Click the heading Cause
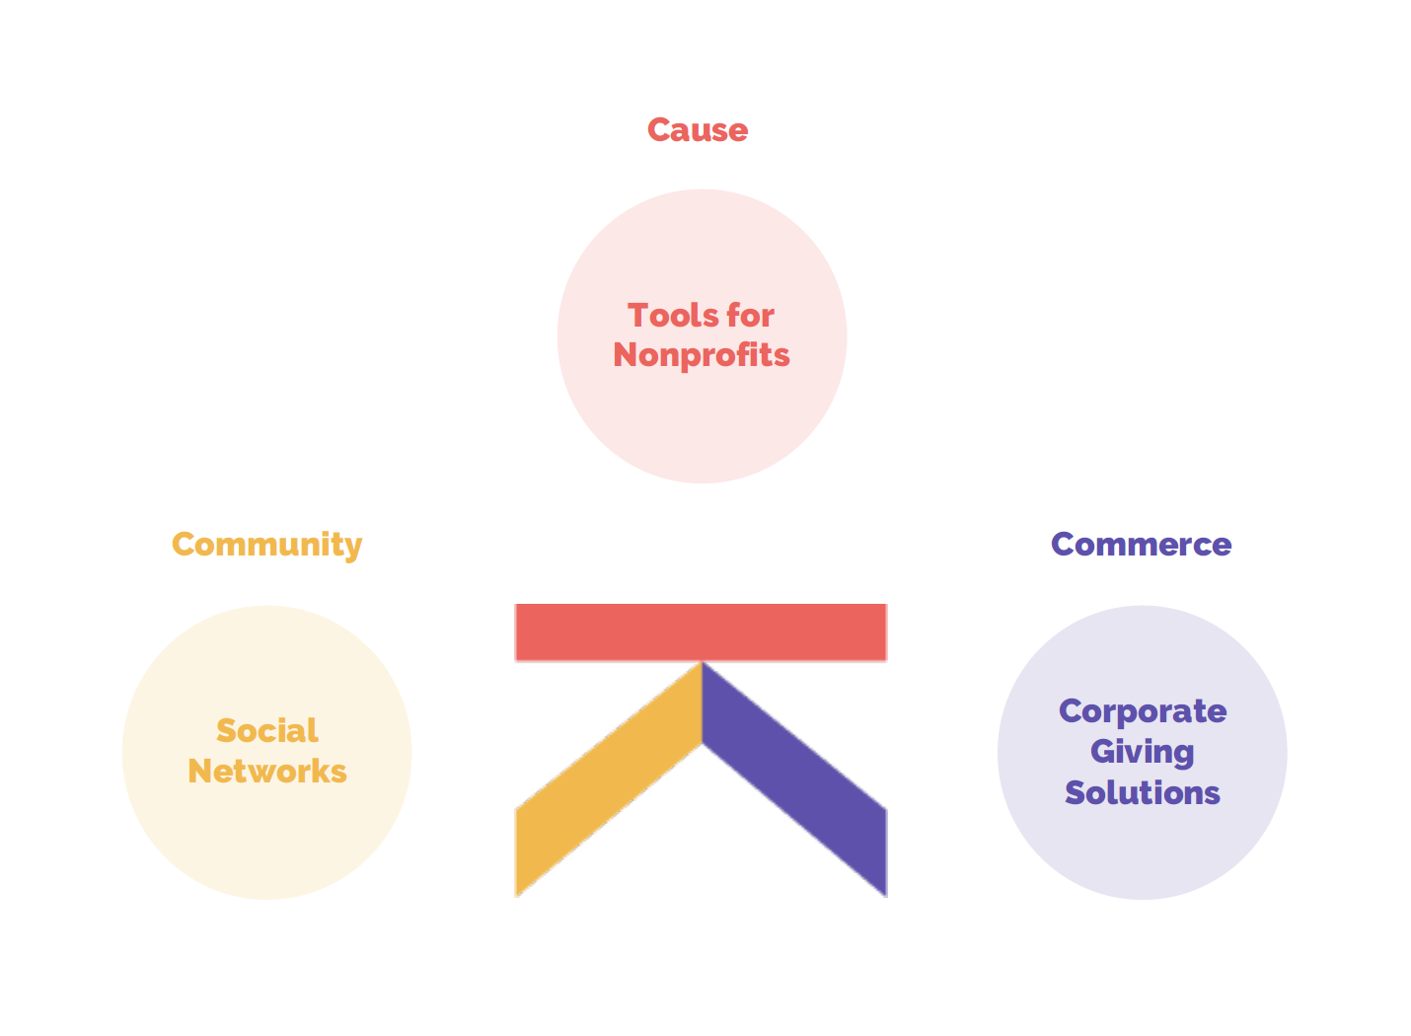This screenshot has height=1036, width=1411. [698, 129]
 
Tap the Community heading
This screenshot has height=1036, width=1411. [266, 544]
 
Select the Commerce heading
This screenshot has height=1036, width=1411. [1141, 544]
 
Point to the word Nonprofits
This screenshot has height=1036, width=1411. [701, 355]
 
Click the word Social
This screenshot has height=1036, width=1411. [266, 731]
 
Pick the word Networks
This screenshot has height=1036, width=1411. [266, 772]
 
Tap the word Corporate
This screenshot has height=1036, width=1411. [1142, 711]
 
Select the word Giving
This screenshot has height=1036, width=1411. [1142, 753]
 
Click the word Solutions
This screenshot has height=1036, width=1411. [1142, 793]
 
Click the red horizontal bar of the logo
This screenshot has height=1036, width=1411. [701, 632]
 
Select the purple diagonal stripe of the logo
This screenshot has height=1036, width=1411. [794, 779]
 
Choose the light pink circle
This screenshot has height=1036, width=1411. [702, 424]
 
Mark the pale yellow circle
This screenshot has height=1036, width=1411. [266, 849]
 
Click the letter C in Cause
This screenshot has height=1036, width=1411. [659, 129]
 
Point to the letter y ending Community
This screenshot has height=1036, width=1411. [352, 547]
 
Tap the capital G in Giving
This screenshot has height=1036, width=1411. [1103, 753]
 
